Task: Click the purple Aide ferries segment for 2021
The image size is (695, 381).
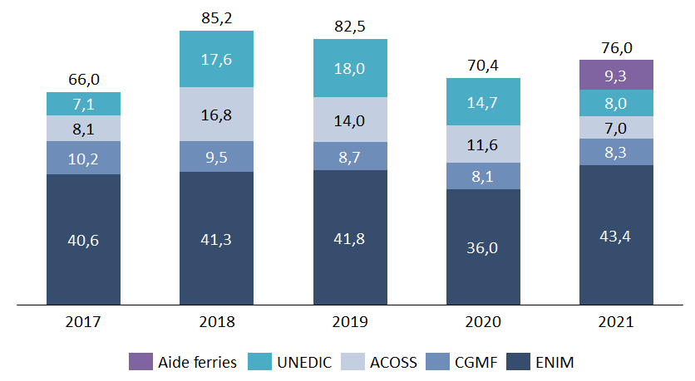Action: (616, 75)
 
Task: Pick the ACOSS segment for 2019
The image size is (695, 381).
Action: (350, 120)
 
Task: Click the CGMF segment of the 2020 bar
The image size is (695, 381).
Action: (483, 176)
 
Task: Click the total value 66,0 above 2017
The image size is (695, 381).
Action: (83, 80)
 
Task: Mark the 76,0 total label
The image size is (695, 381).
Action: (616, 48)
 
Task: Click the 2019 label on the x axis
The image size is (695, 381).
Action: (350, 321)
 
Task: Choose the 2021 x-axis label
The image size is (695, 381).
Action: (616, 321)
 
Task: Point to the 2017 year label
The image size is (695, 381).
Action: (83, 321)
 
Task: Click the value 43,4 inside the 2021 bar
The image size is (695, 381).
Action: (616, 236)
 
